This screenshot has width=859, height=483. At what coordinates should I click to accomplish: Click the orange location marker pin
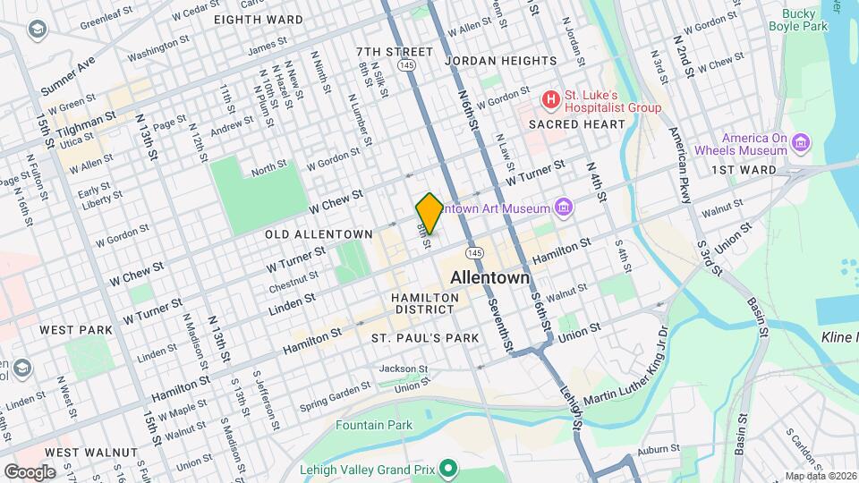point(429,213)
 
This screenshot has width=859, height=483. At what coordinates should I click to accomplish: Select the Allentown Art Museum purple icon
point(564,208)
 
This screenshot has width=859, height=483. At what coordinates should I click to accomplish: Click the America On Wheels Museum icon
point(802,143)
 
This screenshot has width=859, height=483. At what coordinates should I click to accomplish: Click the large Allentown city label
point(489,278)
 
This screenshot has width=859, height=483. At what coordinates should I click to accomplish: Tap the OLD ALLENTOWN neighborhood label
point(319,234)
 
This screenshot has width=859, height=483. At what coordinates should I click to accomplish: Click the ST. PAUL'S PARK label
point(425,338)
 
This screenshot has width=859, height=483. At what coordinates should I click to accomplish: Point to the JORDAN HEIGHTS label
point(500,61)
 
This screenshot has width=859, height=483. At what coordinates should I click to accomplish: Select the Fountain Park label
point(374,425)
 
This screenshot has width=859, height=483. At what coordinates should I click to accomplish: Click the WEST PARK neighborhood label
point(76,330)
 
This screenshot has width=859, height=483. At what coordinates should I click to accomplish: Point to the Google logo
point(30,471)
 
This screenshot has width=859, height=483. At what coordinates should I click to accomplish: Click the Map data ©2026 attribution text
point(820,476)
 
